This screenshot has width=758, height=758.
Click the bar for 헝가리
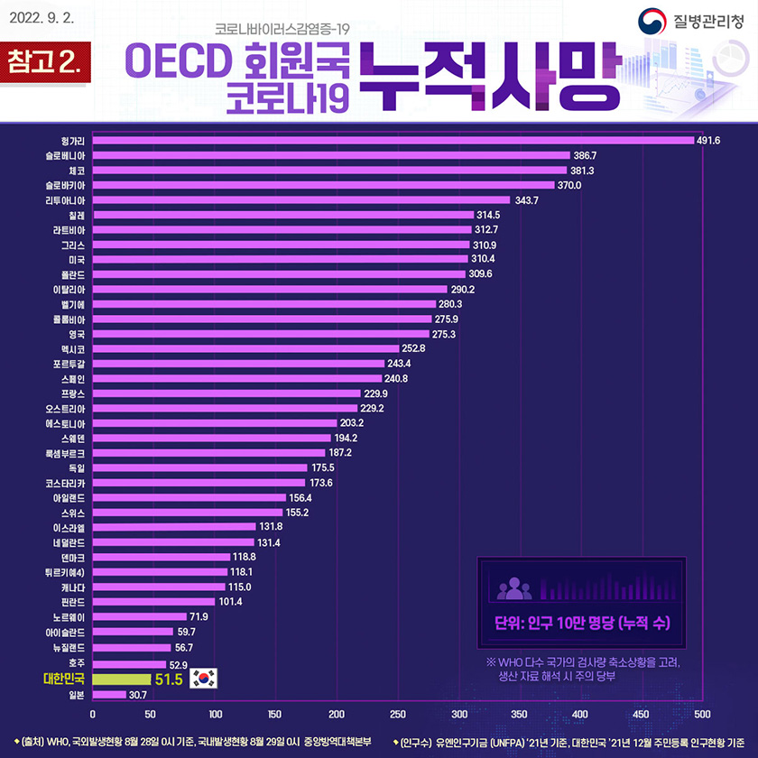393,140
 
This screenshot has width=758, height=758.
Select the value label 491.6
708,140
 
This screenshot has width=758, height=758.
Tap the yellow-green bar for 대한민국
121,679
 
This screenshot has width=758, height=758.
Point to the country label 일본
75,695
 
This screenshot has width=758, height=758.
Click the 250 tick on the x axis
397,714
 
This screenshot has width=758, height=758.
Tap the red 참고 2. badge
45,64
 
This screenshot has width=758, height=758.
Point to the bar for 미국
281,259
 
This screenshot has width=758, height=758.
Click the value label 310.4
485,259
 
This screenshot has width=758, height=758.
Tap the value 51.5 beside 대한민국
169,679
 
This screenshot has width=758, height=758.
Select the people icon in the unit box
514,588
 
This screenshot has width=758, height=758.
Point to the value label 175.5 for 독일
323,467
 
